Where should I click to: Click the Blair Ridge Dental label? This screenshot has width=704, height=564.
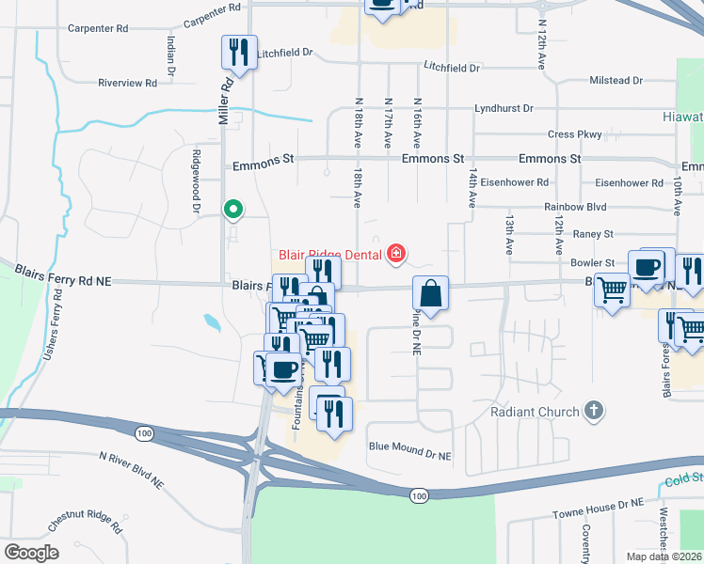click(328, 254)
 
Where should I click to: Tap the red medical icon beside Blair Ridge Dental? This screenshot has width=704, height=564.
click(396, 254)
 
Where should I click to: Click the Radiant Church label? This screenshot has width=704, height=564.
click(534, 412)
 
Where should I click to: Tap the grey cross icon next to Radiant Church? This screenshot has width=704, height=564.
click(593, 410)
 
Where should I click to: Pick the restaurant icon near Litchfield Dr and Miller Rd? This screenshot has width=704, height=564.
click(238, 51)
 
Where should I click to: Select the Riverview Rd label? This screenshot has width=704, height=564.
click(127, 83)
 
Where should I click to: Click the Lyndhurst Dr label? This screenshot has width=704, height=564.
click(504, 108)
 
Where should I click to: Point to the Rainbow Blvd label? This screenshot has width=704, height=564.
click(575, 207)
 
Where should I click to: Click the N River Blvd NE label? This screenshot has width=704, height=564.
click(131, 469)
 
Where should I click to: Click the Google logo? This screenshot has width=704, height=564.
click(32, 552)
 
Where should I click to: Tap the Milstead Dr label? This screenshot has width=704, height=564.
click(616, 81)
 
